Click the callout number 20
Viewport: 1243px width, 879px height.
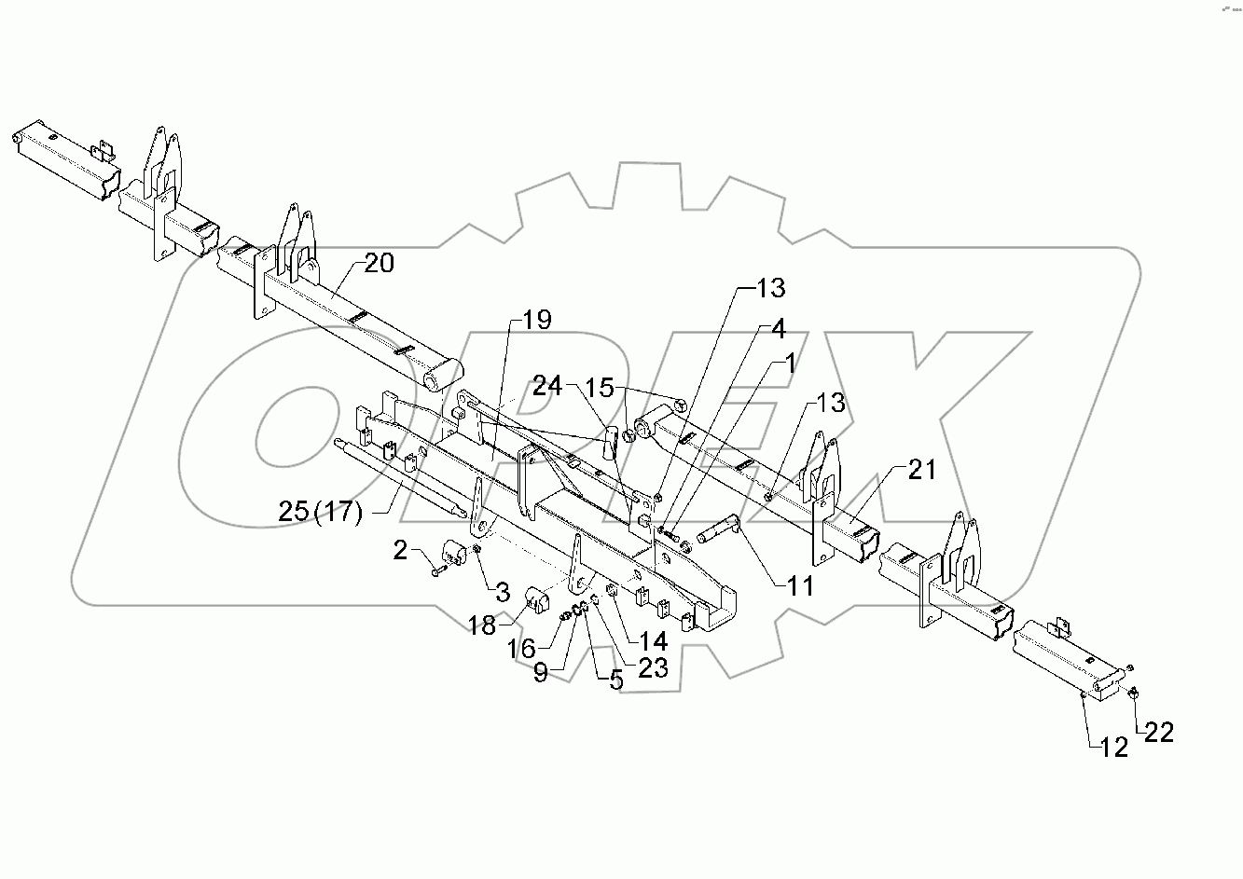379,264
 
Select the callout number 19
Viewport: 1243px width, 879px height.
536,321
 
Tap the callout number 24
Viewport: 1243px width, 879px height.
548,386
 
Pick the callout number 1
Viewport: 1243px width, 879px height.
791,364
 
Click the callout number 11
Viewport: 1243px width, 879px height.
799,586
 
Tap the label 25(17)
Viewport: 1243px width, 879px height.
320,511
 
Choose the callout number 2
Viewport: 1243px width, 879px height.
400,551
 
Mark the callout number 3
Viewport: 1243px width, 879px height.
502,591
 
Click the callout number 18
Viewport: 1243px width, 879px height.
482,625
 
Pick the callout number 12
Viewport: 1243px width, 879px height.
1114,746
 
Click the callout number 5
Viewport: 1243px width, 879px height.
615,680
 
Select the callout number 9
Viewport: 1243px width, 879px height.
541,673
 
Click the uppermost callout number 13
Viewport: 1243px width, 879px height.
770,288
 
